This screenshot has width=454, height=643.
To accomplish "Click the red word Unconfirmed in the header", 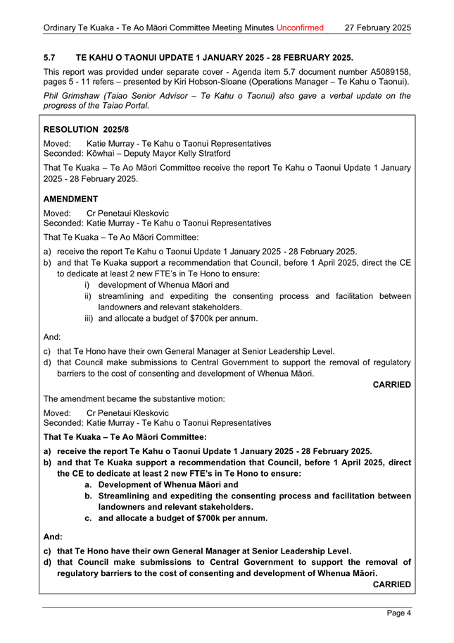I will click(x=300, y=28).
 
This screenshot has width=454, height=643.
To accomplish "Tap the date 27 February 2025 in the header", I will click(x=378, y=28).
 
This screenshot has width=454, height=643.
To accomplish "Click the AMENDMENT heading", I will click(x=75, y=200).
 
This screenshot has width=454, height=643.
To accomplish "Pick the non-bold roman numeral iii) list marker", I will click(x=89, y=318).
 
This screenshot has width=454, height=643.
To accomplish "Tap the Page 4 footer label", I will click(x=398, y=613).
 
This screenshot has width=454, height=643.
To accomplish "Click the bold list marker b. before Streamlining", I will click(x=89, y=496).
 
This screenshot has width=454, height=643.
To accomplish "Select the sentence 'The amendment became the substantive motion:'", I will click(x=134, y=399).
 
